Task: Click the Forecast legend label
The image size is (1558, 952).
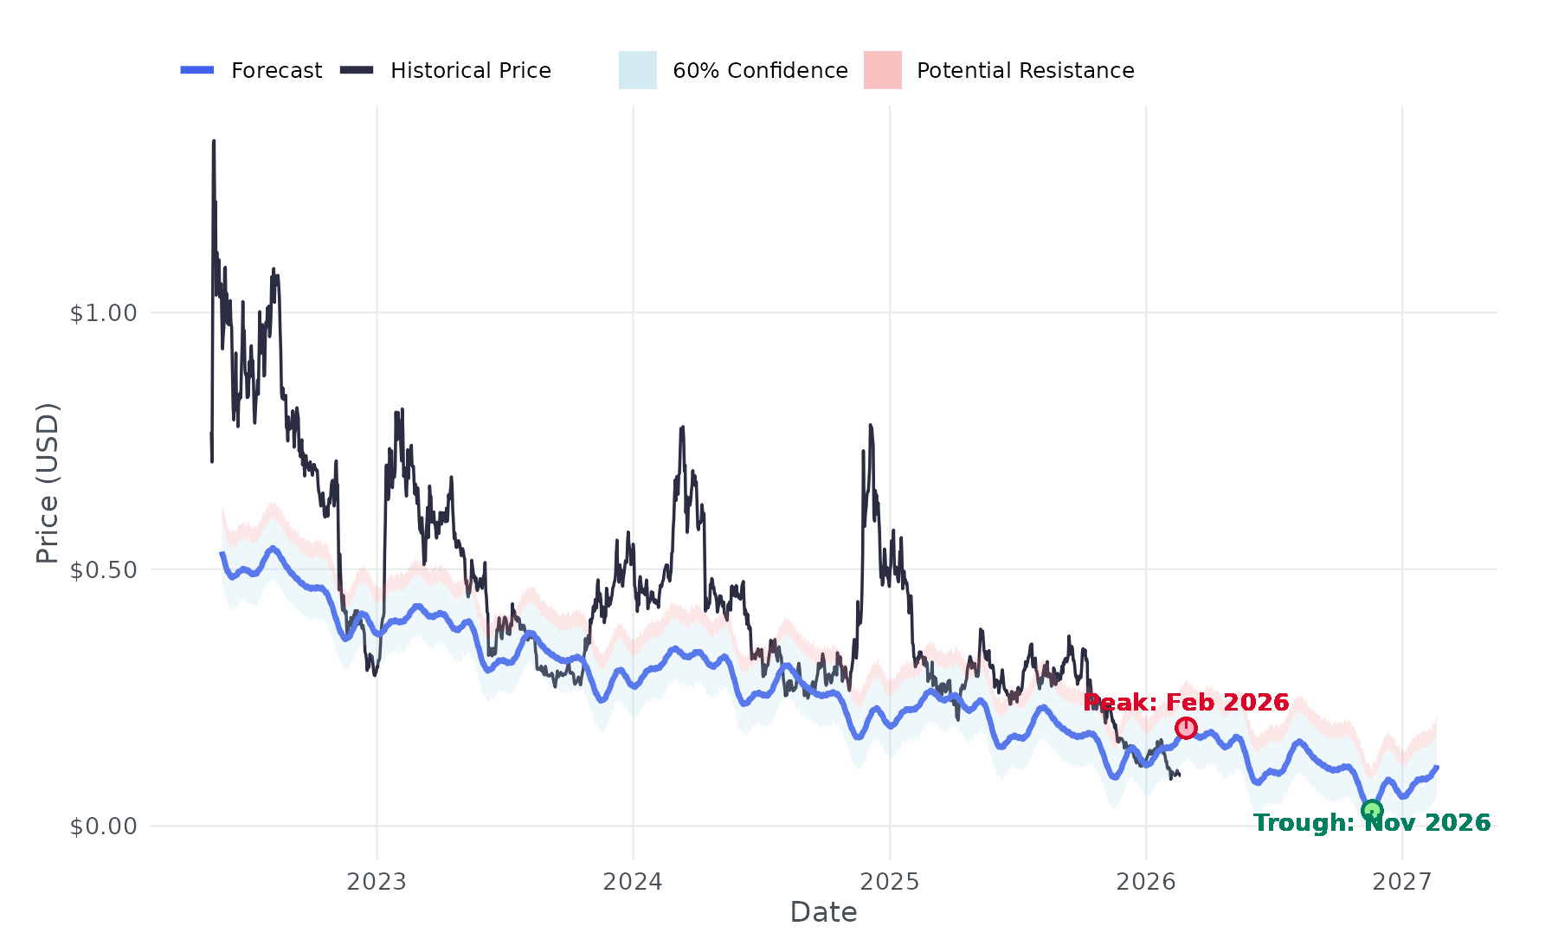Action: point(276,70)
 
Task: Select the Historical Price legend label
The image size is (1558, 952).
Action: point(470,70)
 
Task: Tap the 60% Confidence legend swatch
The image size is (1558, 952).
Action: point(637,70)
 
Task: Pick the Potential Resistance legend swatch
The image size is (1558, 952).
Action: point(882,70)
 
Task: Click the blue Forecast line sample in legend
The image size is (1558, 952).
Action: point(197,70)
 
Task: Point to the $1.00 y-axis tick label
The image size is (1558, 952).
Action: point(104,312)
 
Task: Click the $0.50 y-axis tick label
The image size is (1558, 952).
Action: point(104,569)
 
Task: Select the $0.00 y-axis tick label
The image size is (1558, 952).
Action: point(104,827)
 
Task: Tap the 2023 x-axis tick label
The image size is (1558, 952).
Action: point(377,882)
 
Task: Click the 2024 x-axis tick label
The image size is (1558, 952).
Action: point(633,882)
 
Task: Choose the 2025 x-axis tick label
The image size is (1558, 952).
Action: point(889,882)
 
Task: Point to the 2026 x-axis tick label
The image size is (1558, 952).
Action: point(1146,882)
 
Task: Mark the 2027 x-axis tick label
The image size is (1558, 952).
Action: point(1402,882)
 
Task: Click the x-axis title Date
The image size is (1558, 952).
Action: point(823,912)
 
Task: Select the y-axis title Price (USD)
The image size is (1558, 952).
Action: point(48,483)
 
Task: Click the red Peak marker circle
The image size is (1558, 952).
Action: point(1186,728)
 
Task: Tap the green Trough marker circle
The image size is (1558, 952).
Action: point(1372,810)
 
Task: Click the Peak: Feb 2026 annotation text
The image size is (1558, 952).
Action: point(1186,702)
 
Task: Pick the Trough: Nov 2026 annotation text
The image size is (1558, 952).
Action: point(1372,822)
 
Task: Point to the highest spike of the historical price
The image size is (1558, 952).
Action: point(214,141)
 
